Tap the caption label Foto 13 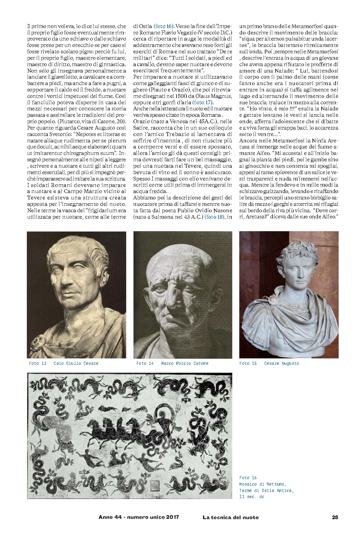pyautogui.click(x=38, y=363)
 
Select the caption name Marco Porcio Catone pyautogui.click(x=185, y=363)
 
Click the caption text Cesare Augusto pyautogui.click(x=281, y=363)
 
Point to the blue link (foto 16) pyautogui.click(x=163, y=26)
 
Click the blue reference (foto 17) pyautogui.click(x=203, y=102)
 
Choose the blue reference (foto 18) pyautogui.click(x=214, y=217)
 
